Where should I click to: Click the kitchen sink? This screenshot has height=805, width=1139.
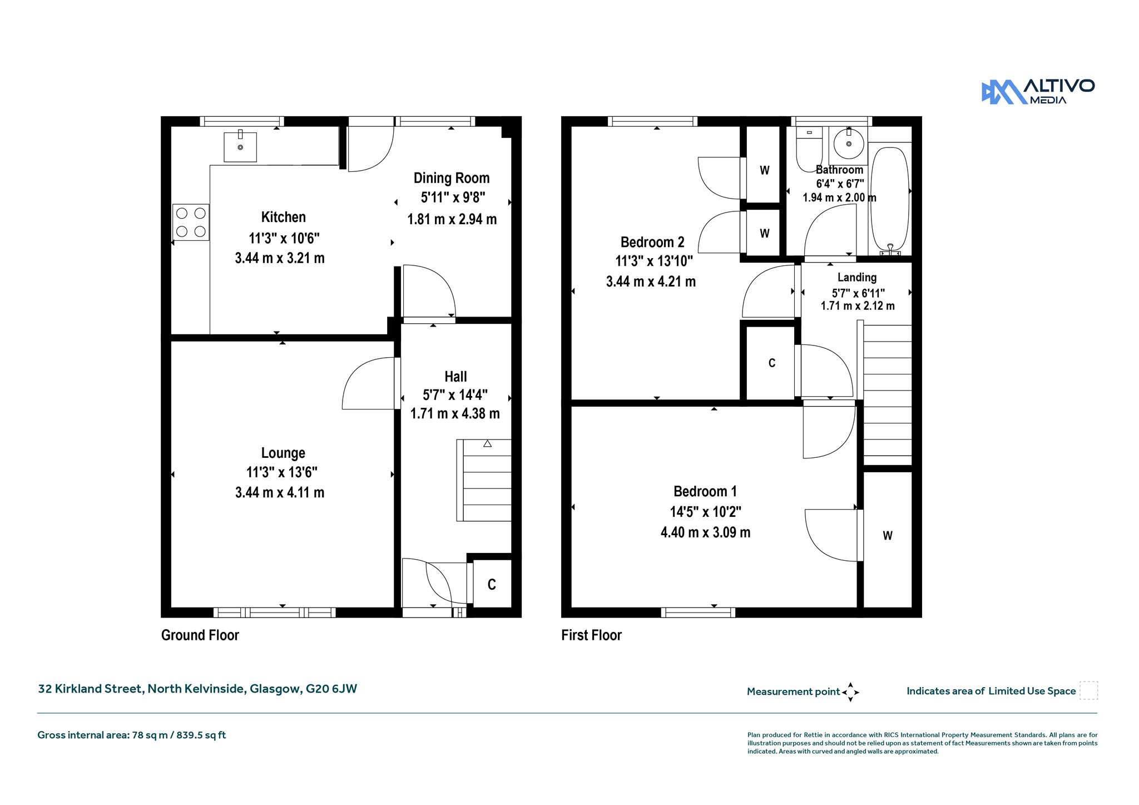click(x=240, y=146)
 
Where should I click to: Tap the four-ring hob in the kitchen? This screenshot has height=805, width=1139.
click(x=191, y=222)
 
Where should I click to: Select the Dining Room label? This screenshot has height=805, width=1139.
click(x=452, y=178)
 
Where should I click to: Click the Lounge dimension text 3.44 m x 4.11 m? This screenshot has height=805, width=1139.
click(x=280, y=492)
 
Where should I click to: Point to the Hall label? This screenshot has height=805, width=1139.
click(x=455, y=377)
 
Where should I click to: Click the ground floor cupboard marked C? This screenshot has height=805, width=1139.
click(x=492, y=584)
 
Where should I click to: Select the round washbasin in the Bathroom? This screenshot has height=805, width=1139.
click(x=849, y=144)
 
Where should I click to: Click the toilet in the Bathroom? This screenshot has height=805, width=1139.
click(x=809, y=149)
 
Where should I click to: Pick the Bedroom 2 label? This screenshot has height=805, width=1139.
click(x=652, y=242)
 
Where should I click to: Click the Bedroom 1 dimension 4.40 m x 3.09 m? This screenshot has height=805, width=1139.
click(x=706, y=532)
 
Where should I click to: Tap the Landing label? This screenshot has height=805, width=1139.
click(x=857, y=277)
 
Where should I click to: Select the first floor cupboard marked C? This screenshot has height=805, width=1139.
click(x=771, y=363)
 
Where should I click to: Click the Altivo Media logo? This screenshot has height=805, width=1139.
click(x=1038, y=91)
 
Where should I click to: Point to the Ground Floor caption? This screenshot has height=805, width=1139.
click(x=200, y=635)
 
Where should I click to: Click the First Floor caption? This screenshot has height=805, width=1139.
click(x=591, y=635)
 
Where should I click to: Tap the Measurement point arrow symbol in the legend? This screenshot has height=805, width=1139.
click(x=850, y=692)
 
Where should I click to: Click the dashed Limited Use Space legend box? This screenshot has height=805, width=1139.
click(x=1088, y=690)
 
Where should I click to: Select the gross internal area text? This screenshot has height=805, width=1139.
click(x=132, y=735)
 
